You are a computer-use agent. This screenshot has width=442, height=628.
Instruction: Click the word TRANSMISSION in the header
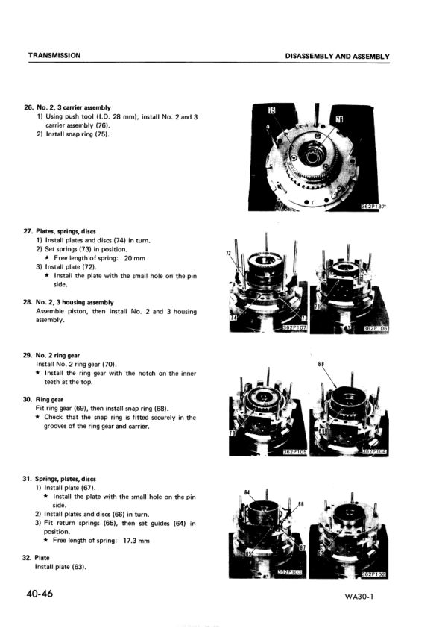54,56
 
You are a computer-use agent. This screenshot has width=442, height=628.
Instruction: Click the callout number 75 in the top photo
272,111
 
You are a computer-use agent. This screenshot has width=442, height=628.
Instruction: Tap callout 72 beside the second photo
228,254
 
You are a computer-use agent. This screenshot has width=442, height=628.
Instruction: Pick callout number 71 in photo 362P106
318,306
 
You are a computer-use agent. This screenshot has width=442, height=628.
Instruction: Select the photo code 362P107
296,327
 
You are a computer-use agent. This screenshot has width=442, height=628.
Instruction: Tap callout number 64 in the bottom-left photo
247,492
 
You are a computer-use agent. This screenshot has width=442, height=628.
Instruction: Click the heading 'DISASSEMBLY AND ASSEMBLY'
337,56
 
